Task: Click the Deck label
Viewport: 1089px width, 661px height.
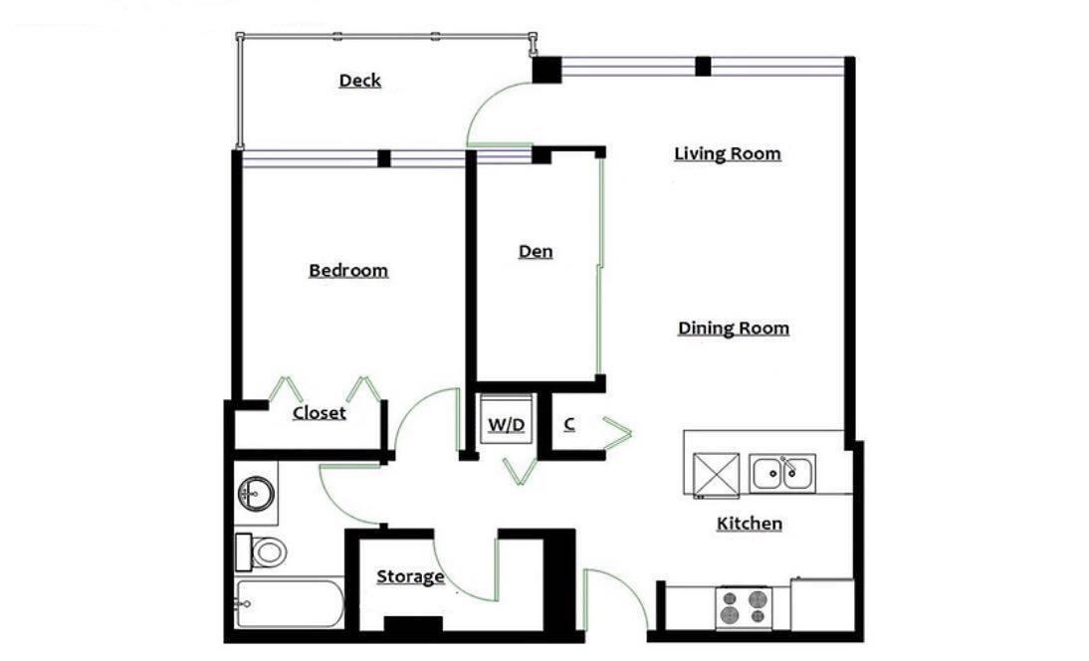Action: (x=359, y=81)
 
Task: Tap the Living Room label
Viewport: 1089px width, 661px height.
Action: (x=727, y=153)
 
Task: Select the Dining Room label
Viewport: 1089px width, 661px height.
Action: (x=734, y=329)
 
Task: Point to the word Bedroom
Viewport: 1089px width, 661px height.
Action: (x=348, y=270)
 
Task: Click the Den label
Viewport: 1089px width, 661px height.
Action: (x=536, y=251)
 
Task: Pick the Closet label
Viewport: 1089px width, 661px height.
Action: (x=319, y=413)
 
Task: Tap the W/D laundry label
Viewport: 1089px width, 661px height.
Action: (x=507, y=424)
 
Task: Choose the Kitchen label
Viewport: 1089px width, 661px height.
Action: (x=750, y=524)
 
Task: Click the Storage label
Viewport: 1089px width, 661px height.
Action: (x=410, y=577)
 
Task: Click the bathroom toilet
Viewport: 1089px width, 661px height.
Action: (x=261, y=551)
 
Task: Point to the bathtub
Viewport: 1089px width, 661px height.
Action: (x=289, y=602)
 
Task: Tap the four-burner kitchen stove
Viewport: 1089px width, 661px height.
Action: (x=744, y=607)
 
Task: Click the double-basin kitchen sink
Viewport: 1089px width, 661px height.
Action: (x=782, y=474)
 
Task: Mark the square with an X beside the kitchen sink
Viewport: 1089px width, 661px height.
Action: (x=716, y=475)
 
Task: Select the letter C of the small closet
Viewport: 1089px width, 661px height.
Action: (x=569, y=423)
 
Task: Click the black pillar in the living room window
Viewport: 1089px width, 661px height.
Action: (x=703, y=66)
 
